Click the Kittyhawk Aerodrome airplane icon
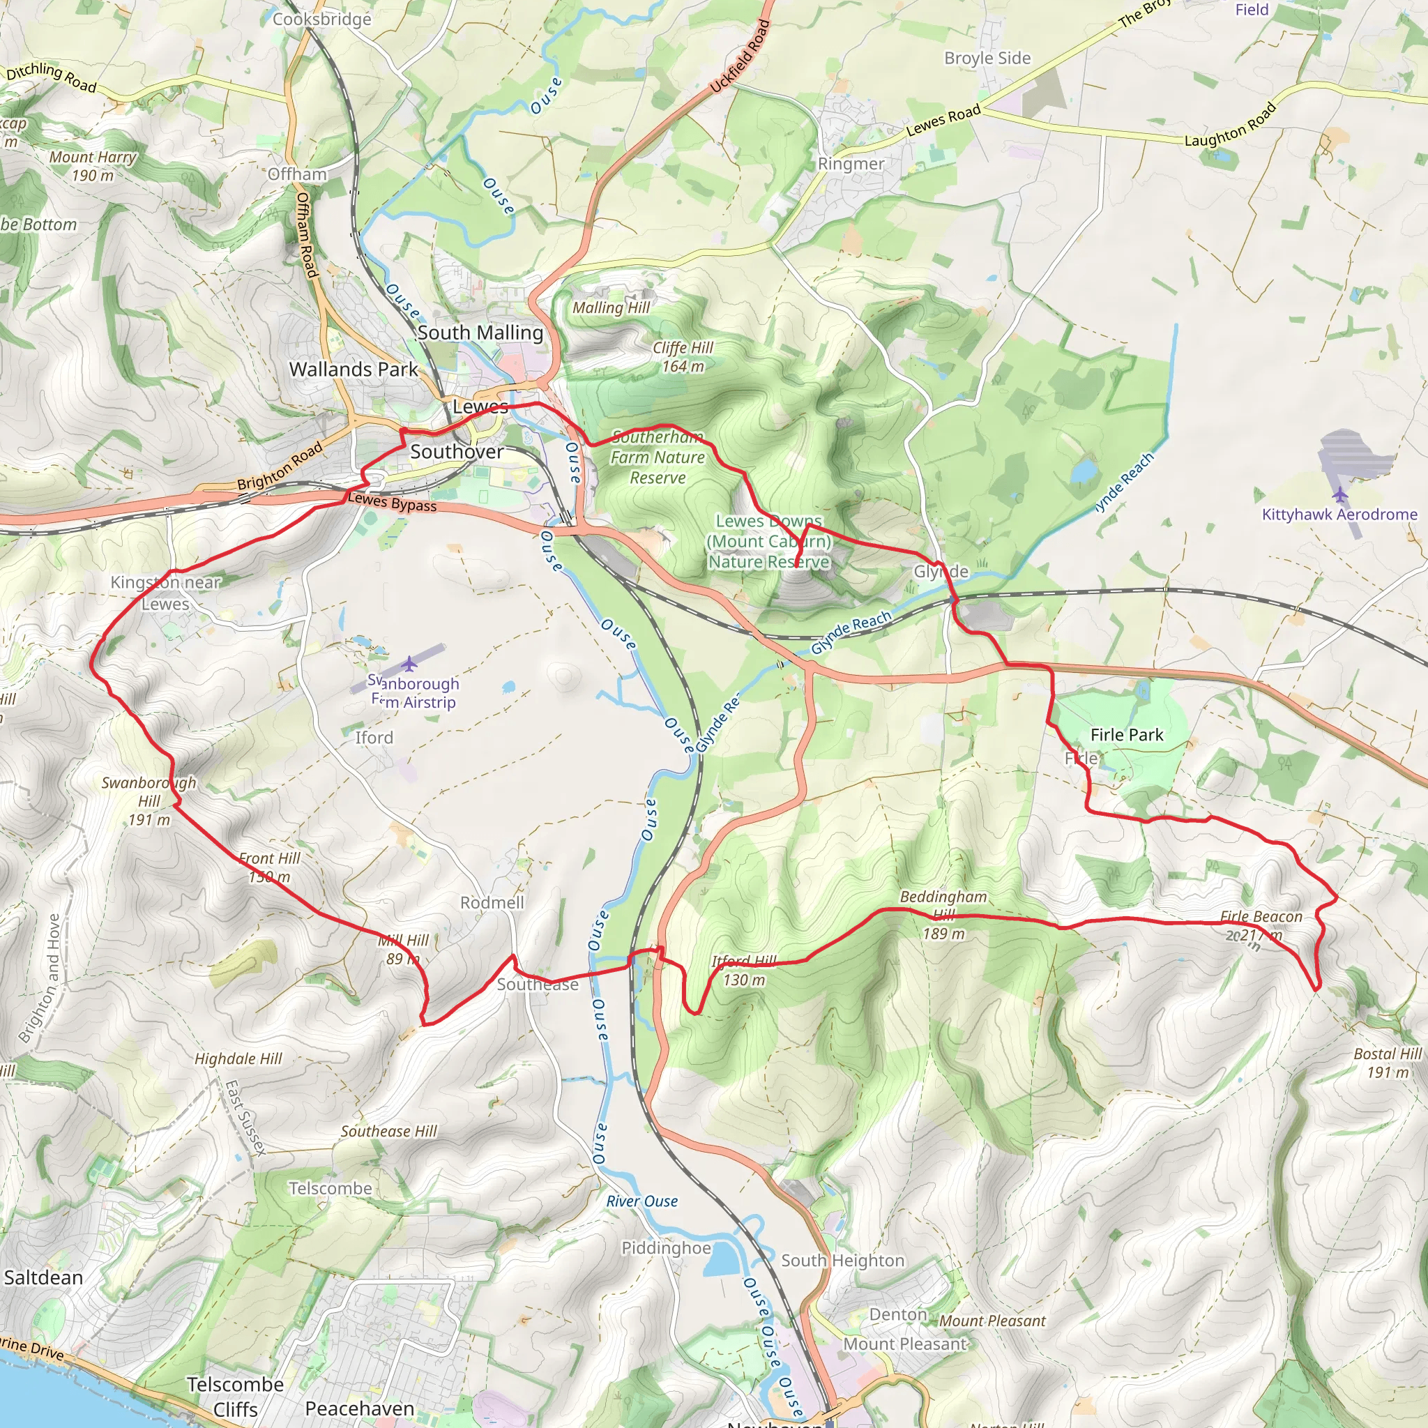1341,494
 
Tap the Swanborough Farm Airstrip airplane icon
409,664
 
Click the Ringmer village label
851,164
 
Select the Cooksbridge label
321,20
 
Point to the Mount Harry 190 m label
93,167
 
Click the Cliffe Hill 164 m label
682,357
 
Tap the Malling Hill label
612,307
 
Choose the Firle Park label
1127,735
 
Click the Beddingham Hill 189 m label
944,915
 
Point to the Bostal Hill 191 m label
1388,1063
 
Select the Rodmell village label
492,902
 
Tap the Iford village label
374,738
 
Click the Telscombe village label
331,1189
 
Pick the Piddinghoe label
666,1247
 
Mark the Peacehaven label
359,1408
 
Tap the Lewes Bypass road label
392,503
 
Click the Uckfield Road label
740,57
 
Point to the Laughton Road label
1231,124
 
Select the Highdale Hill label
238,1059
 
